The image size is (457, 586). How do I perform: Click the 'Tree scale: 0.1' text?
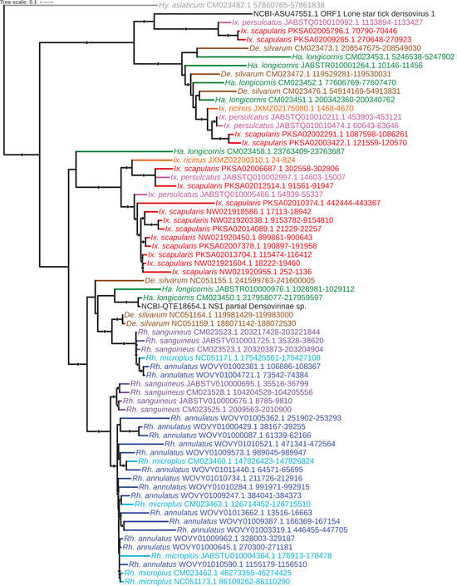pos(19,3)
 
